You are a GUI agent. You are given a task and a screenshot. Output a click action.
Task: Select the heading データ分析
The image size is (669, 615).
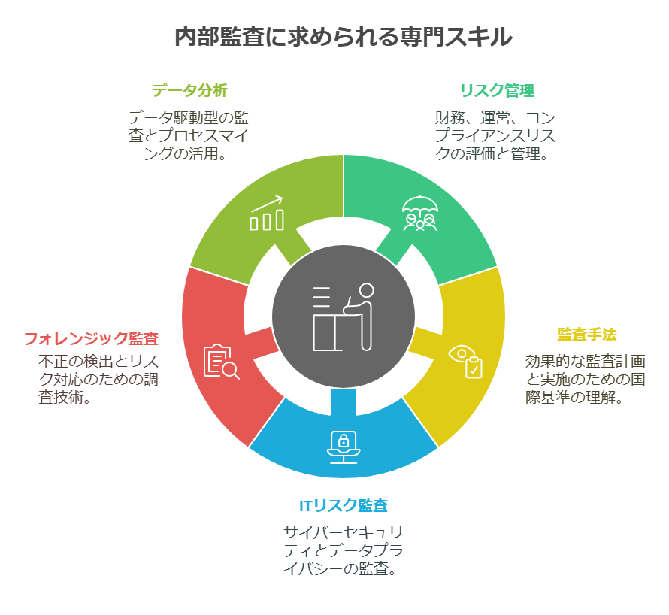click(189, 91)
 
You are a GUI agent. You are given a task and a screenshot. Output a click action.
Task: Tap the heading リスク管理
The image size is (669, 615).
click(497, 91)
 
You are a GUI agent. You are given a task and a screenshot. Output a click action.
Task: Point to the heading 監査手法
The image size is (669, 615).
click(586, 334)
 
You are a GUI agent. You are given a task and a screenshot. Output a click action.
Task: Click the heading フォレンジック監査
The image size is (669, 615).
click(91, 338)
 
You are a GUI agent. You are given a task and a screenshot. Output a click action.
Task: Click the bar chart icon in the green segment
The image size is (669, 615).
click(267, 214)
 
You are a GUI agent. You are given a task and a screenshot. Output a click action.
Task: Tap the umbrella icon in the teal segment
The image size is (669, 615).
click(419, 213)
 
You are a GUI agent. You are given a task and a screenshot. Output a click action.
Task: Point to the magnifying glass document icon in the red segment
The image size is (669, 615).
click(221, 362)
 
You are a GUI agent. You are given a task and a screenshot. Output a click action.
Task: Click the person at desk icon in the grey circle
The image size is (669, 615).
click(344, 317)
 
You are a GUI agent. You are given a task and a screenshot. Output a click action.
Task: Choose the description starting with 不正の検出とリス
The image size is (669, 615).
click(98, 379)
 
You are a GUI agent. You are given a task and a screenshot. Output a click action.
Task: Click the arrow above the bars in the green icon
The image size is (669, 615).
click(268, 203)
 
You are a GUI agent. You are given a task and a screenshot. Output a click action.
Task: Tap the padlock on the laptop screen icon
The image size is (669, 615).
click(344, 441)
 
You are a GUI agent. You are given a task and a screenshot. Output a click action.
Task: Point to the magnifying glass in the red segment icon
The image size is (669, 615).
click(231, 370)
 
